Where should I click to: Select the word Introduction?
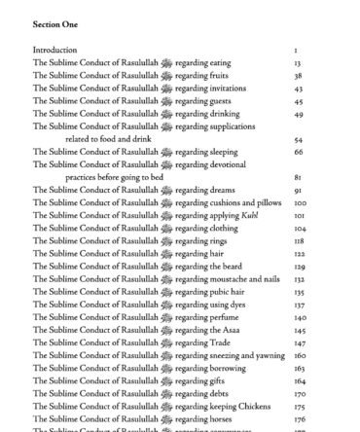[55, 49]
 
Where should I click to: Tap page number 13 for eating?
[297, 61]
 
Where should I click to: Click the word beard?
[233, 267]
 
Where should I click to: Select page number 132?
[300, 279]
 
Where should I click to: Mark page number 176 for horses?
[300, 419]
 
